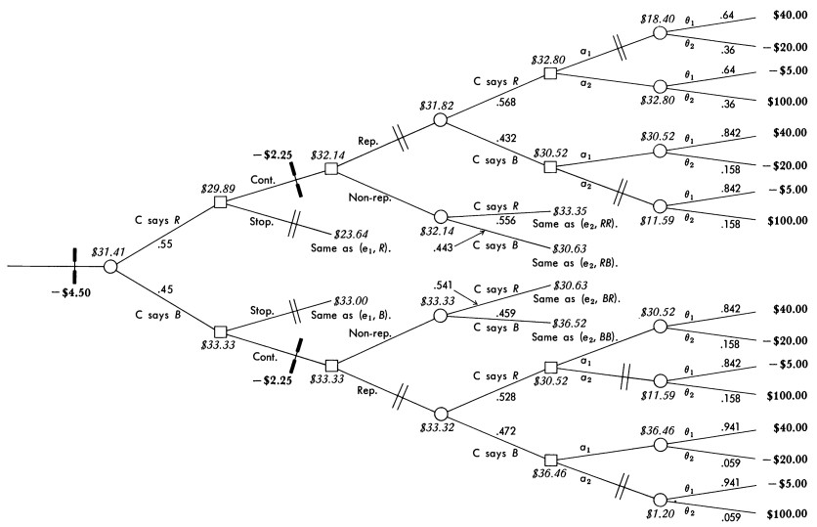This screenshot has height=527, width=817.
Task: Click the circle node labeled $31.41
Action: [110, 266]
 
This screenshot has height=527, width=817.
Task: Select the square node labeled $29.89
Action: [221, 201]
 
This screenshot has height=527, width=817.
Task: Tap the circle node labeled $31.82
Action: [440, 120]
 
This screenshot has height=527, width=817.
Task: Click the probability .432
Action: [507, 138]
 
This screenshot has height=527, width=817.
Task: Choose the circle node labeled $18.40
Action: [661, 32]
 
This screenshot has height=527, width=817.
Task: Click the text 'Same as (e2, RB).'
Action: [577, 265]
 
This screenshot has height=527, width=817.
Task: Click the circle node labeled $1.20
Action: [661, 499]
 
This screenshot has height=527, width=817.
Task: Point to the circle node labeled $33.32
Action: [440, 414]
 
